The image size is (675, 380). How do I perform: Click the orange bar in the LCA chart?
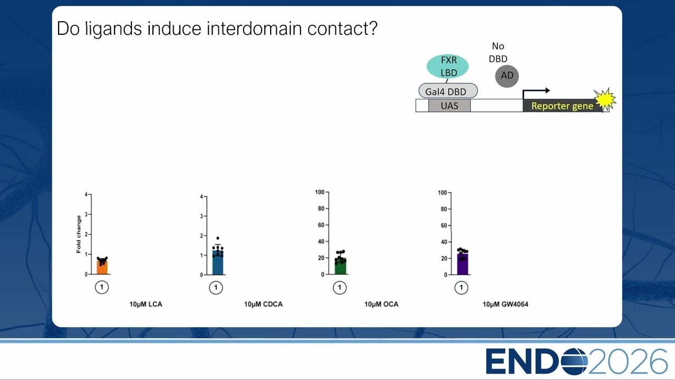tap(102, 267)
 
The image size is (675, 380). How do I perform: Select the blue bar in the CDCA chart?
tap(218, 262)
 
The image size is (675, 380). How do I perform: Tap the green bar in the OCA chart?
tap(341, 267)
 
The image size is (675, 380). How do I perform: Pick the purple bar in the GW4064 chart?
tap(462, 264)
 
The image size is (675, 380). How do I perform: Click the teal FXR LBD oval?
tap(448, 66)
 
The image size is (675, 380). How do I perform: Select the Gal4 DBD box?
tap(448, 91)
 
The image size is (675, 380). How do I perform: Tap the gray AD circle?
tap(507, 76)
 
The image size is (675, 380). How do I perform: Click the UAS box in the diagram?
tap(450, 106)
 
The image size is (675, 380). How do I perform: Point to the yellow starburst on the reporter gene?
tap(604, 99)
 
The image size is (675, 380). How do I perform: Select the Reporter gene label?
tap(562, 106)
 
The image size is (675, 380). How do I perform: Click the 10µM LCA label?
tap(146, 305)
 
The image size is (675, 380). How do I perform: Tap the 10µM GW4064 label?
tap(505, 305)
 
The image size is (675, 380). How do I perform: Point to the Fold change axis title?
tap(79, 234)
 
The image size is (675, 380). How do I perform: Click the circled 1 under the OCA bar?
tap(340, 288)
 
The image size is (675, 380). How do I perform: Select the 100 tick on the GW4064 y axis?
tap(442, 193)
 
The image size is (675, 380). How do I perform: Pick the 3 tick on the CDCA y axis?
tap(201, 216)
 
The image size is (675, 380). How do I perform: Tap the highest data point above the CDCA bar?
tap(218, 238)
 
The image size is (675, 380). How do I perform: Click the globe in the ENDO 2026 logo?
tap(575, 362)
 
